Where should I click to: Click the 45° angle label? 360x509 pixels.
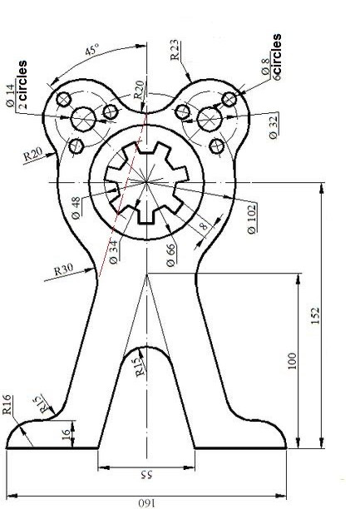91,51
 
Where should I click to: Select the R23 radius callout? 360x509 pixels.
175,50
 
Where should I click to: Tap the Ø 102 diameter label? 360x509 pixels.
252,219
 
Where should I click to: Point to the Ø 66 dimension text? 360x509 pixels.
170,254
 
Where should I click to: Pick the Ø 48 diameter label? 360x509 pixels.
76,208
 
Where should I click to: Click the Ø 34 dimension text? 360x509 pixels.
114,252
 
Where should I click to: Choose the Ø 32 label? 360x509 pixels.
274,126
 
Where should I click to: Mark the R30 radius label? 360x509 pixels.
64,269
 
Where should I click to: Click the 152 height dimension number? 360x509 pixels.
315,315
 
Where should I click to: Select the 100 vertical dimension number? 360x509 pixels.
292,361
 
